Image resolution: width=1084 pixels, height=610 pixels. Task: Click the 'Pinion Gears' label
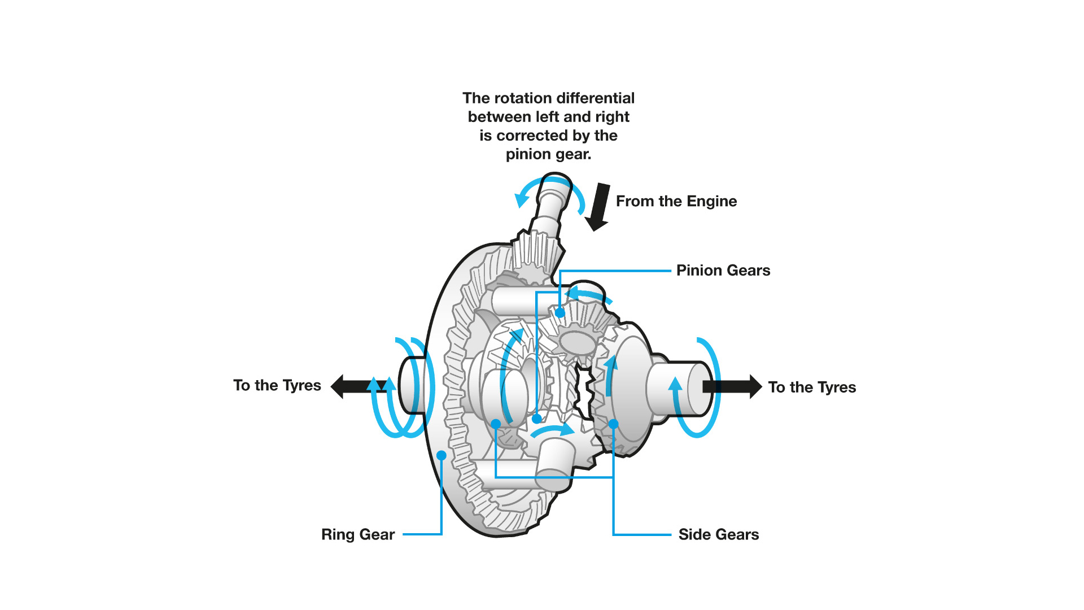pos(723,271)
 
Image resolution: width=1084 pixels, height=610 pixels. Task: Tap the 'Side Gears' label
pos(718,534)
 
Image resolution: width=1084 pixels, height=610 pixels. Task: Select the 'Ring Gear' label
pos(357,534)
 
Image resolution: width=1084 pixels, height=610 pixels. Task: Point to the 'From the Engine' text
pos(676,202)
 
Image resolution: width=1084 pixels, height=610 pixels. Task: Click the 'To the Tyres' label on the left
pos(277,385)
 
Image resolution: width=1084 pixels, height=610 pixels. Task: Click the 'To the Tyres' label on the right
pos(811,387)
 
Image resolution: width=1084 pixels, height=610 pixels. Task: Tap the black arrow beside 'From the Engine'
pos(598,207)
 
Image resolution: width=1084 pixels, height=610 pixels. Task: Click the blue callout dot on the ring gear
pos(442,455)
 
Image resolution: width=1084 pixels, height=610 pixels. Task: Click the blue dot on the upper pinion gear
pos(560,312)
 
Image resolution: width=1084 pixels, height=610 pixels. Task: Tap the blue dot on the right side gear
pos(614,424)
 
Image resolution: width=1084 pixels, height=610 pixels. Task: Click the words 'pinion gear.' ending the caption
pos(548,154)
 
